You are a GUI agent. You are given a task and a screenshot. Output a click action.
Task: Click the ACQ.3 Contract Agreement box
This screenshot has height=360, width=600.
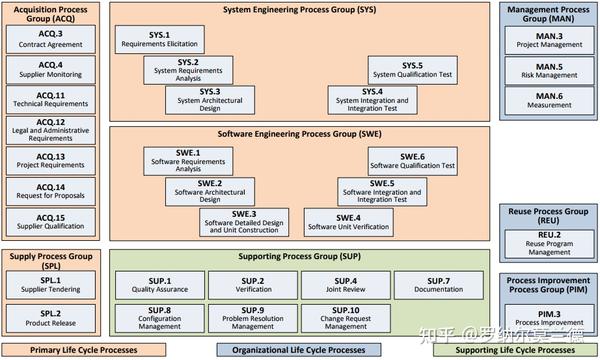click(x=51, y=38)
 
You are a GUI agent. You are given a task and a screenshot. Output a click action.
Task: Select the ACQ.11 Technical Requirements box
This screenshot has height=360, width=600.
click(x=51, y=99)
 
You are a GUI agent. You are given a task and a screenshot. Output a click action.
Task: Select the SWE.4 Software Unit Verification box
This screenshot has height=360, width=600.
click(x=348, y=221)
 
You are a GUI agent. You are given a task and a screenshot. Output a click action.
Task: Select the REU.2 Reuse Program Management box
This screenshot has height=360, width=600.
click(x=549, y=241)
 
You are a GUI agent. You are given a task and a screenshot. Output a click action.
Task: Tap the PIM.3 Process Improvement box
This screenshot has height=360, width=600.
click(x=549, y=319)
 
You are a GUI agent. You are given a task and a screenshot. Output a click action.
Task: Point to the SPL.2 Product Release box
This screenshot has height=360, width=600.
click(x=51, y=317)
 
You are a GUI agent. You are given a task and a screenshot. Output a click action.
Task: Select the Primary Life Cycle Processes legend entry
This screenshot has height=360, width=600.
click(x=83, y=350)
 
